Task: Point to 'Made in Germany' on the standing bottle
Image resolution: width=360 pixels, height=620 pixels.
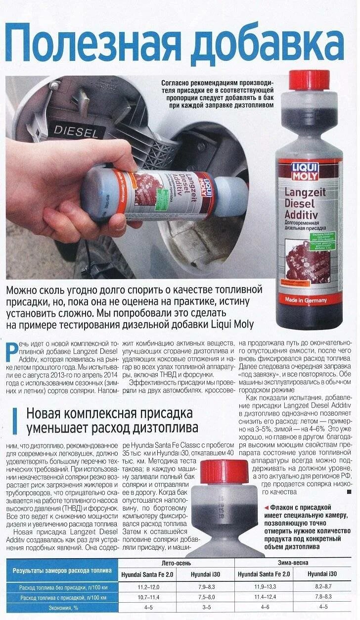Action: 306,300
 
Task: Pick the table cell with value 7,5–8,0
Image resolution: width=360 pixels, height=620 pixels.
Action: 206,597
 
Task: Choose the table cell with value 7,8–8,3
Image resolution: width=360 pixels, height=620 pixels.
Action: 323,597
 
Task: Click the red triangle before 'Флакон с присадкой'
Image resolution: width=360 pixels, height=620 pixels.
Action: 267,508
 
